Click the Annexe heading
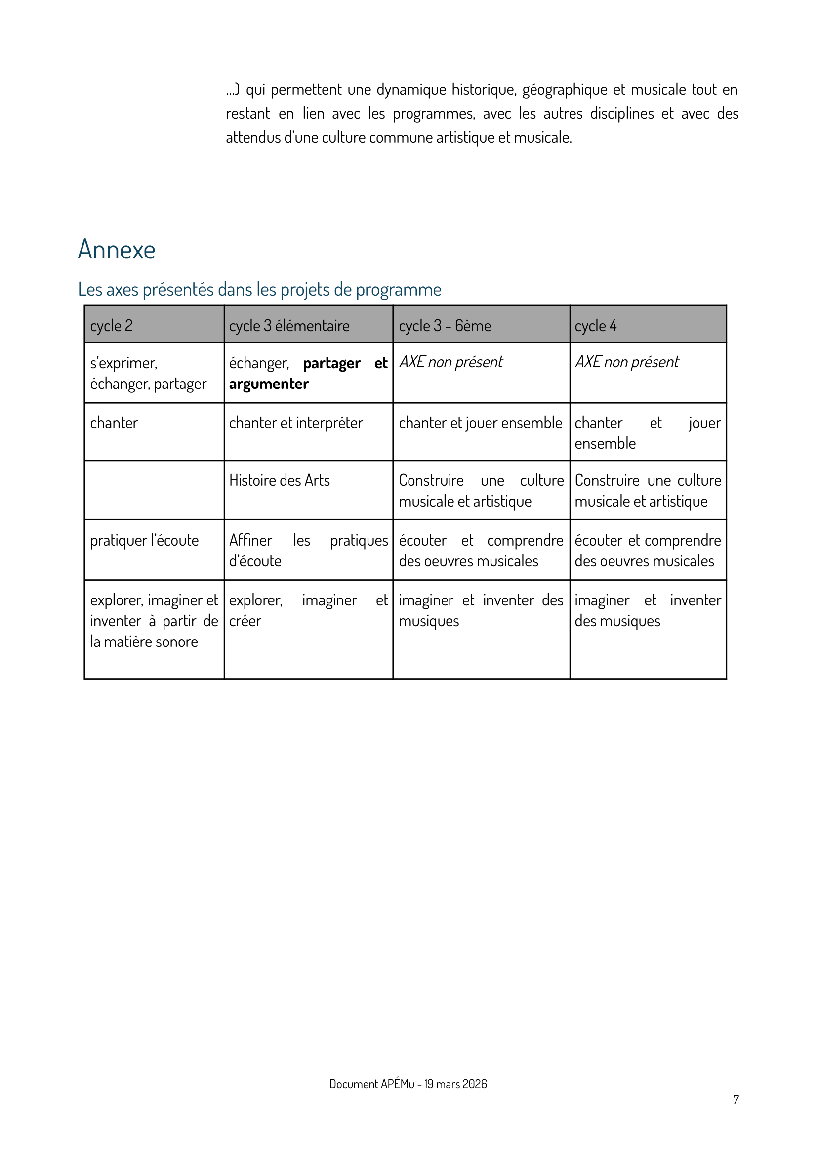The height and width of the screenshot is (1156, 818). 117,250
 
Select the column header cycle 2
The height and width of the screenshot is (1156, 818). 111,326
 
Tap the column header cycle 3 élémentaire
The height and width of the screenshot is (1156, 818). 289,326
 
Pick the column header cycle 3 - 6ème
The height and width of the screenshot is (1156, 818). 445,326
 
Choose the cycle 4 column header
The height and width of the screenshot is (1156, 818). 595,326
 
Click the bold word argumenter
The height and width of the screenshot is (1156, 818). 269,384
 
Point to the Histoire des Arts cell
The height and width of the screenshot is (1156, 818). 280,480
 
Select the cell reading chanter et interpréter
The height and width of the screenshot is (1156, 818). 296,423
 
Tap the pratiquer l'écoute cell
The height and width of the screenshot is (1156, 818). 144,540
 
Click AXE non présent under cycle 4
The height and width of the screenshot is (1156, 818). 627,362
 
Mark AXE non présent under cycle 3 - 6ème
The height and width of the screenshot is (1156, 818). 451,362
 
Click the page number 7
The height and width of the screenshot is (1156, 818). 736,1100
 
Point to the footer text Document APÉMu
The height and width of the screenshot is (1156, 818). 408,1084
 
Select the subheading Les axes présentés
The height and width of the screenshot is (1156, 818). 259,289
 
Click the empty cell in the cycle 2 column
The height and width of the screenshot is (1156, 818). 154,490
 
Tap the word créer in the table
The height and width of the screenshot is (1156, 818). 245,621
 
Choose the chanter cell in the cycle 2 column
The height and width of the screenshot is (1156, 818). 114,423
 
